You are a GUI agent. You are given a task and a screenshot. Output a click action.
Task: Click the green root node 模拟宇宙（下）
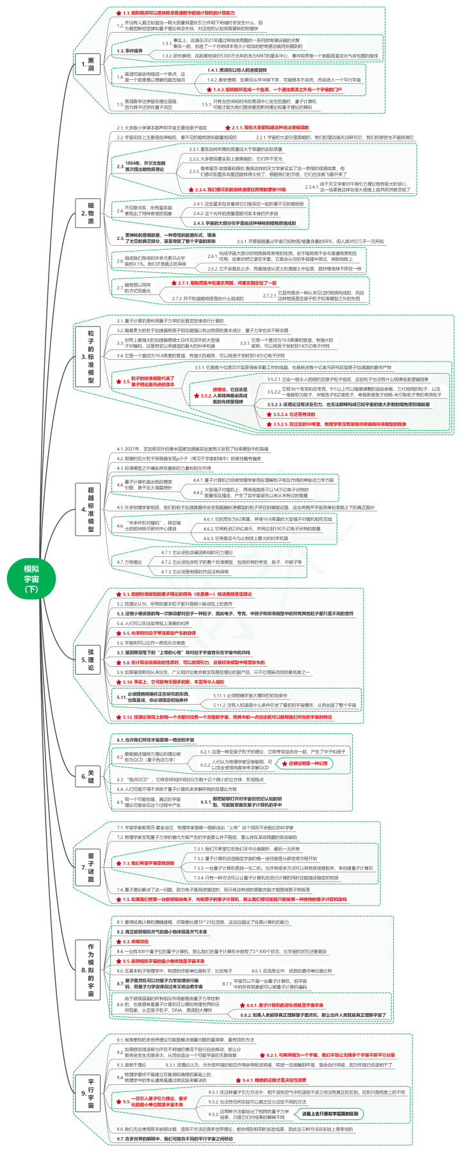31,580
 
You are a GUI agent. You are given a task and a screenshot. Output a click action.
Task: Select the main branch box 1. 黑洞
90,63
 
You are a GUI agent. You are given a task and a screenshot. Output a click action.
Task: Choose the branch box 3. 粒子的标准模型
90,353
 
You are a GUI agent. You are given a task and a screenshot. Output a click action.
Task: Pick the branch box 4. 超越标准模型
90,509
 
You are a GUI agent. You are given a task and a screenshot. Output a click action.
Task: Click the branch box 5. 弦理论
90,659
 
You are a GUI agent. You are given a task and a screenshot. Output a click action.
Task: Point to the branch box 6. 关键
90,777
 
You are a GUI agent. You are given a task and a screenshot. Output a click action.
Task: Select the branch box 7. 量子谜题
90,867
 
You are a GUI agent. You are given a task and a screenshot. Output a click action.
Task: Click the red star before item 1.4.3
209,90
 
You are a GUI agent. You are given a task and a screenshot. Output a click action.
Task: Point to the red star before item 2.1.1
227,128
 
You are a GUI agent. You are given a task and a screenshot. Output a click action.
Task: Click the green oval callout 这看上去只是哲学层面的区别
330,1114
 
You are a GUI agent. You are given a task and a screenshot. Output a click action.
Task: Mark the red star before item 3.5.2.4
268,415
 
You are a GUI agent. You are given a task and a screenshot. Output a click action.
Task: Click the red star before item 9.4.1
237,1080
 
